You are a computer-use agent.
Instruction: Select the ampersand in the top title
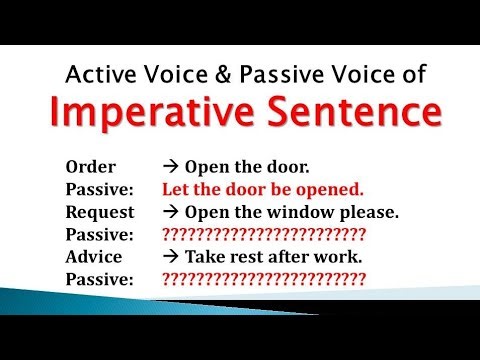(x=242, y=73)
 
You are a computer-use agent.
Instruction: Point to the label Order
(x=89, y=165)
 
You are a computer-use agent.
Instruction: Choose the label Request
(x=99, y=212)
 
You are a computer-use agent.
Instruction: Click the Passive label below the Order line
(x=98, y=188)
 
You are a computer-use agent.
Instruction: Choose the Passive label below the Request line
(x=98, y=235)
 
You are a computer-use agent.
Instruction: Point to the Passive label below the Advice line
(x=98, y=280)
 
